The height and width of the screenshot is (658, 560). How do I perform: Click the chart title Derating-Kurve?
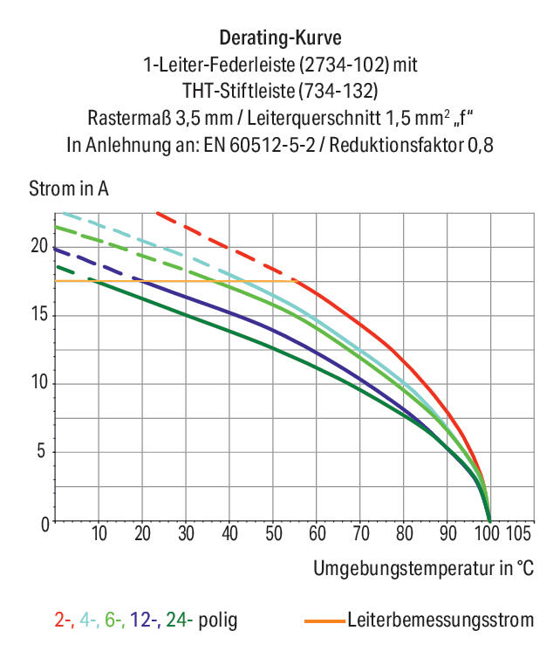pyautogui.click(x=280, y=38)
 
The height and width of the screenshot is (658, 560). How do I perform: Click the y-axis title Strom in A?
pyautogui.click(x=69, y=188)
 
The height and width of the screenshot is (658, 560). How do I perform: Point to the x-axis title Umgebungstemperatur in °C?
pyautogui.click(x=423, y=568)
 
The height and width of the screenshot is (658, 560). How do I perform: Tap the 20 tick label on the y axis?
pyautogui.click(x=40, y=246)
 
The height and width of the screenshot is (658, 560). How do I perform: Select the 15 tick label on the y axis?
pyautogui.click(x=40, y=314)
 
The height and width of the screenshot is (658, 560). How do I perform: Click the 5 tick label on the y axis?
pyautogui.click(x=41, y=451)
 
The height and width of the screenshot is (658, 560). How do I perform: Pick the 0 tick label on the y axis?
pyautogui.click(x=44, y=524)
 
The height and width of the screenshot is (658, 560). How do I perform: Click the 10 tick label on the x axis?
pyautogui.click(x=99, y=533)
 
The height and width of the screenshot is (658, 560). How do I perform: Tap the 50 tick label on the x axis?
pyautogui.click(x=274, y=533)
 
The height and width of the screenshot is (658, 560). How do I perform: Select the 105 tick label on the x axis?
pyautogui.click(x=518, y=533)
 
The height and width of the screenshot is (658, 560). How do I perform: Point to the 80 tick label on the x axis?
pyautogui.click(x=405, y=533)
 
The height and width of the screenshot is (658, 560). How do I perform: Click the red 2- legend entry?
pyautogui.click(x=65, y=620)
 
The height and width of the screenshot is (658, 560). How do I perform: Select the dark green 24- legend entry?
pyautogui.click(x=180, y=620)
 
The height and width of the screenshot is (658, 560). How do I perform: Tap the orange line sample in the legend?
pyautogui.click(x=324, y=620)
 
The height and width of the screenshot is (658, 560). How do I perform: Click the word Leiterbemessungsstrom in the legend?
pyautogui.click(x=440, y=620)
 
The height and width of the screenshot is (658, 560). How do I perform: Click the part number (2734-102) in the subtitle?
pyautogui.click(x=345, y=65)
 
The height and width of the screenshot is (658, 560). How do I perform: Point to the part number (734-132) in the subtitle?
pyautogui.click(x=338, y=91)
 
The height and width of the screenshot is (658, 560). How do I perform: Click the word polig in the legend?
pyautogui.click(x=218, y=620)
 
